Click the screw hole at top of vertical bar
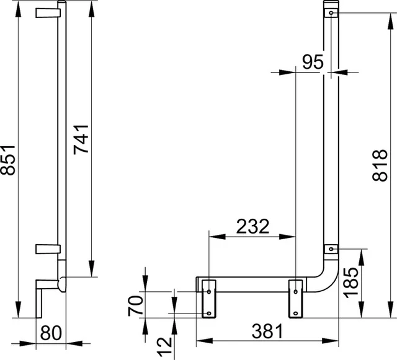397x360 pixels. tap(332, 12)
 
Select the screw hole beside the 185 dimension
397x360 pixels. tap(332, 248)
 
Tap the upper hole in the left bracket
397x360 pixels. tap(208, 291)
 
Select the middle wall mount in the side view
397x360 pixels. tap(46, 248)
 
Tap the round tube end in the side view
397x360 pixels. tap(61, 285)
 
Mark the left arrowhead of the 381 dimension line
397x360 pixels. tap(200, 340)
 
